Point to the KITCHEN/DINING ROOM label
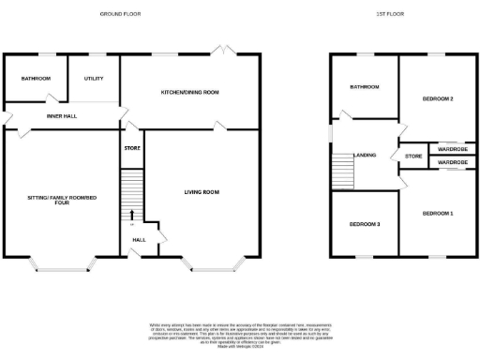tap(189, 92)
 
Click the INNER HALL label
tap(62, 116)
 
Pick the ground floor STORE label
tap(131, 148)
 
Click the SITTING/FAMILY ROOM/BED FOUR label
tap(62, 199)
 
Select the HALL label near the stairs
tap(139, 240)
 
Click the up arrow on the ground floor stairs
tap(131, 216)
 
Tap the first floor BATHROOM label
tap(365, 87)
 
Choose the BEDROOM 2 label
tap(438, 98)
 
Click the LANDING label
tap(365, 155)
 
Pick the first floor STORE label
tap(412, 155)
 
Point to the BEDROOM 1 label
tap(438, 214)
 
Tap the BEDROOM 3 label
tap(365, 224)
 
